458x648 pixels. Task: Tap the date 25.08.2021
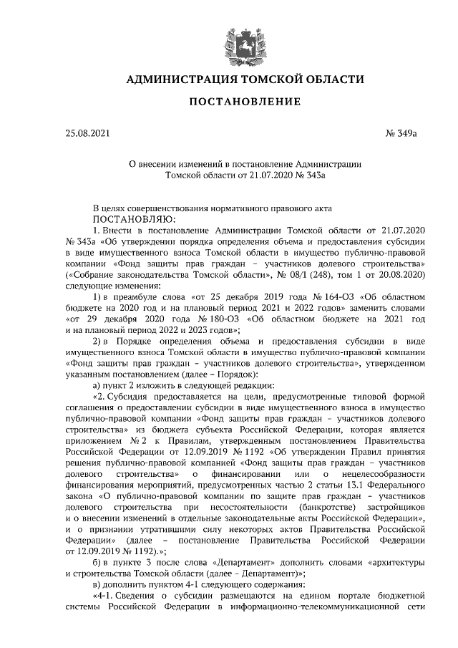pos(87,133)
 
